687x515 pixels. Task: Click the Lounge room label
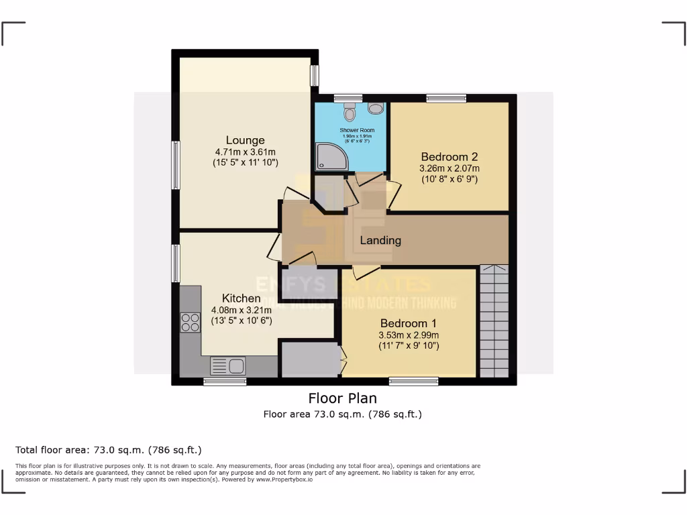tap(245, 140)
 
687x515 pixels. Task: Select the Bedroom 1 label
tap(409, 323)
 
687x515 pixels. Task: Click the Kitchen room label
tap(242, 298)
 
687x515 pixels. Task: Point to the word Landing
tap(380, 240)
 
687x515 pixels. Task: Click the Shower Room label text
tap(357, 130)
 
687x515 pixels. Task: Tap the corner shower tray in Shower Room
tap(331, 156)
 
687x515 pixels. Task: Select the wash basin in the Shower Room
tap(376, 108)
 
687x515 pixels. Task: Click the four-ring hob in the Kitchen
tap(190, 323)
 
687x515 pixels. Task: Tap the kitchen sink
tap(228, 366)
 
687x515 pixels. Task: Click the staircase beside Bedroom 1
tap(494, 322)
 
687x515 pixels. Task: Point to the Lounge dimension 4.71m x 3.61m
tap(245, 152)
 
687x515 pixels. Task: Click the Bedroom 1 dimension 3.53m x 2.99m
tap(409, 335)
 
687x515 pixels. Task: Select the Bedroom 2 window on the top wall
tap(446, 99)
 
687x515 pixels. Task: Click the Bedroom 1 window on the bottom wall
tap(413, 381)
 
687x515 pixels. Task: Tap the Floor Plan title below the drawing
tap(342, 398)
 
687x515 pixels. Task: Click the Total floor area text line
tap(108, 450)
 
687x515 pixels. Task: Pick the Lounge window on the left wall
tap(176, 165)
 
